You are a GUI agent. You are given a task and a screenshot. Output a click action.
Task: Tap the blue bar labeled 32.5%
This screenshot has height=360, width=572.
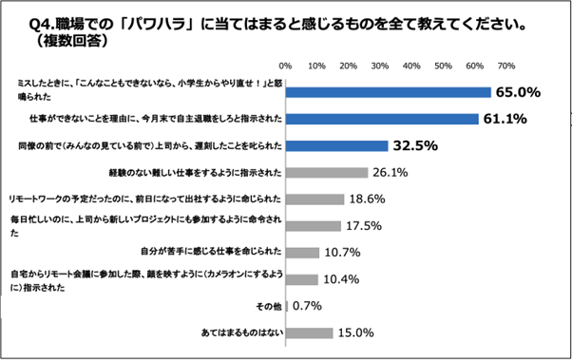point(336,146)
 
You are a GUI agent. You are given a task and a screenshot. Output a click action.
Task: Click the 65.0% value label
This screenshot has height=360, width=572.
point(518,93)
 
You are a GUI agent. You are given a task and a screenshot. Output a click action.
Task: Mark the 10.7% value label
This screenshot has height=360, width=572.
point(339,253)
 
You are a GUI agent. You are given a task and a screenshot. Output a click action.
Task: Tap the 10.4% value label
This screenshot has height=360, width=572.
point(338,279)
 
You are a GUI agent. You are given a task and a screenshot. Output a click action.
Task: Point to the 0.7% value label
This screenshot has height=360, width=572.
point(306,306)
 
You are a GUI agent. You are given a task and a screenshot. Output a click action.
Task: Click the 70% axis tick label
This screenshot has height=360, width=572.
point(506,66)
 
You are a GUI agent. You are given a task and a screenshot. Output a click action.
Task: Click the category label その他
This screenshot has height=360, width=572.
point(267,306)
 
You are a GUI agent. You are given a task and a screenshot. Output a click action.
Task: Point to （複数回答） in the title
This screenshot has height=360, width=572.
point(71,42)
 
